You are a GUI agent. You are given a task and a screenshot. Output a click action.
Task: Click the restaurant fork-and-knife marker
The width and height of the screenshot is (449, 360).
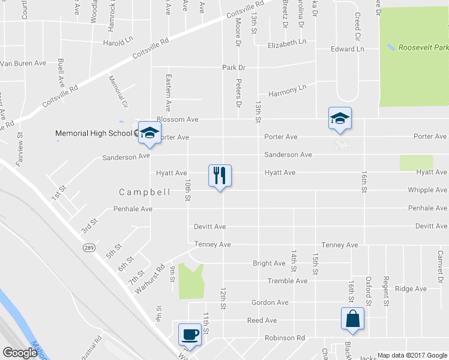tap(220, 176)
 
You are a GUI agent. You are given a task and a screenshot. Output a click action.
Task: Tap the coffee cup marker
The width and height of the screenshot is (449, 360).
tap(190, 334)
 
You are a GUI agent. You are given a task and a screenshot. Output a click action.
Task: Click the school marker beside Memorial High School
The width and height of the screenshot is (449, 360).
tap(149, 133)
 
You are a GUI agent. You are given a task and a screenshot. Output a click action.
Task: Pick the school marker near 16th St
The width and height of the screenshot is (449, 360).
tap(339, 118)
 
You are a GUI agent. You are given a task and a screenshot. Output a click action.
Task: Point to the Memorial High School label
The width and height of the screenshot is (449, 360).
tap(93, 133)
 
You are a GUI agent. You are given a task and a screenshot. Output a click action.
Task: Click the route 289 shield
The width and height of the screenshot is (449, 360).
tap(88, 247)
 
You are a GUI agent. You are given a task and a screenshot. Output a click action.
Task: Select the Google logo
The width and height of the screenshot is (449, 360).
tap(20, 353)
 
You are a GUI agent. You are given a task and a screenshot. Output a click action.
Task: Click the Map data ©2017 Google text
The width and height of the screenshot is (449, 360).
tap(412, 355)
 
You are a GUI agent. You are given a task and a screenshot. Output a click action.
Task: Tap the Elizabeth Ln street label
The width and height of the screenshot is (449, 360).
tap(287, 43)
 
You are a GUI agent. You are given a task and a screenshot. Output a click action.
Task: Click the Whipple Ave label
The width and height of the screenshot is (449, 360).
tap(427, 190)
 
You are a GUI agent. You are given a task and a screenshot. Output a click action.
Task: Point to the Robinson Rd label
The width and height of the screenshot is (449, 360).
tap(285, 338)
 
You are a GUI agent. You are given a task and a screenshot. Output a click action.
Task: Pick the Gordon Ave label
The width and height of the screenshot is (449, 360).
tap(270, 302)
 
